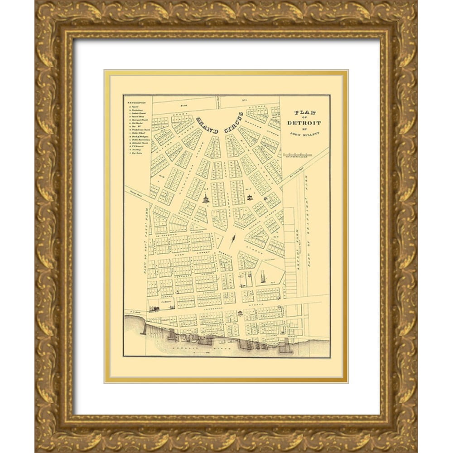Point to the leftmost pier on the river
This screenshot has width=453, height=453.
click(144, 328)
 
